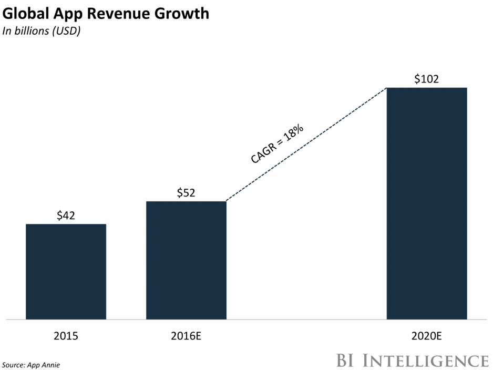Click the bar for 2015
point(66,271)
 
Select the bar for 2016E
point(186,260)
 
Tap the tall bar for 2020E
point(427,203)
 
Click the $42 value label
point(66,215)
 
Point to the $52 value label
point(186,193)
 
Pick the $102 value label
point(427,79)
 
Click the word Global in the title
point(26,14)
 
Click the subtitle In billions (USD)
point(42,32)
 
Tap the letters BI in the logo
point(345,360)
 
